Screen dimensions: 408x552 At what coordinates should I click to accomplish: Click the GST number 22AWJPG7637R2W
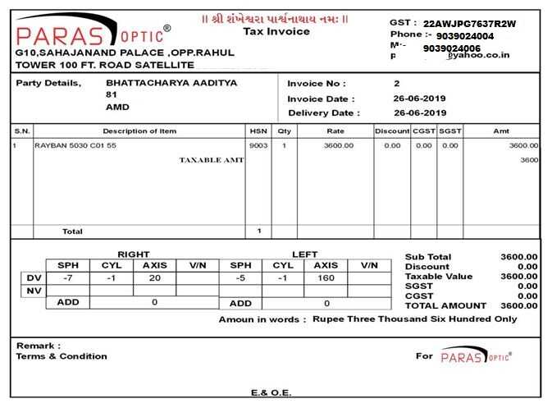click(470, 24)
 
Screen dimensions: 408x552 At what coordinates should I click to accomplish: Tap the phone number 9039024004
click(465, 36)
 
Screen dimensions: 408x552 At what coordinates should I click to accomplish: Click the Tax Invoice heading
click(276, 31)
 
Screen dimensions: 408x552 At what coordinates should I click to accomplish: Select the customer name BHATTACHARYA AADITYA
click(171, 83)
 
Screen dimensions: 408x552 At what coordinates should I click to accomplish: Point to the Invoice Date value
click(420, 99)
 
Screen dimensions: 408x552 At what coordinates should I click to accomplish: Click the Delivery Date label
click(323, 112)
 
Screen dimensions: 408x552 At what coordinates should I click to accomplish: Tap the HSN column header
click(258, 131)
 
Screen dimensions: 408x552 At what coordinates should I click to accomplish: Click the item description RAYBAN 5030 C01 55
click(75, 145)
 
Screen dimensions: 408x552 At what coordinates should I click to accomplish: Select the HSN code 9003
click(258, 145)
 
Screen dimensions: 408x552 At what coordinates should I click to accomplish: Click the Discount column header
click(392, 131)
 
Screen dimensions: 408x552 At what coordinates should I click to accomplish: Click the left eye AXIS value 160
click(326, 277)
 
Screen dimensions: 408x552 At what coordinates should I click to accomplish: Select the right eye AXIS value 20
click(155, 277)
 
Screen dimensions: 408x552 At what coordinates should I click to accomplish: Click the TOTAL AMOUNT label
click(446, 305)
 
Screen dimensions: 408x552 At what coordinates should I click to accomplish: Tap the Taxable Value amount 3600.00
click(519, 277)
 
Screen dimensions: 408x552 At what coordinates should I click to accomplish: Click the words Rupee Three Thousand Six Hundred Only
click(415, 319)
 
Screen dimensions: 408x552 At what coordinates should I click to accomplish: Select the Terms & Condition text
click(62, 356)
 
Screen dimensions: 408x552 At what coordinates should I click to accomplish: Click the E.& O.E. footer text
click(271, 392)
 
